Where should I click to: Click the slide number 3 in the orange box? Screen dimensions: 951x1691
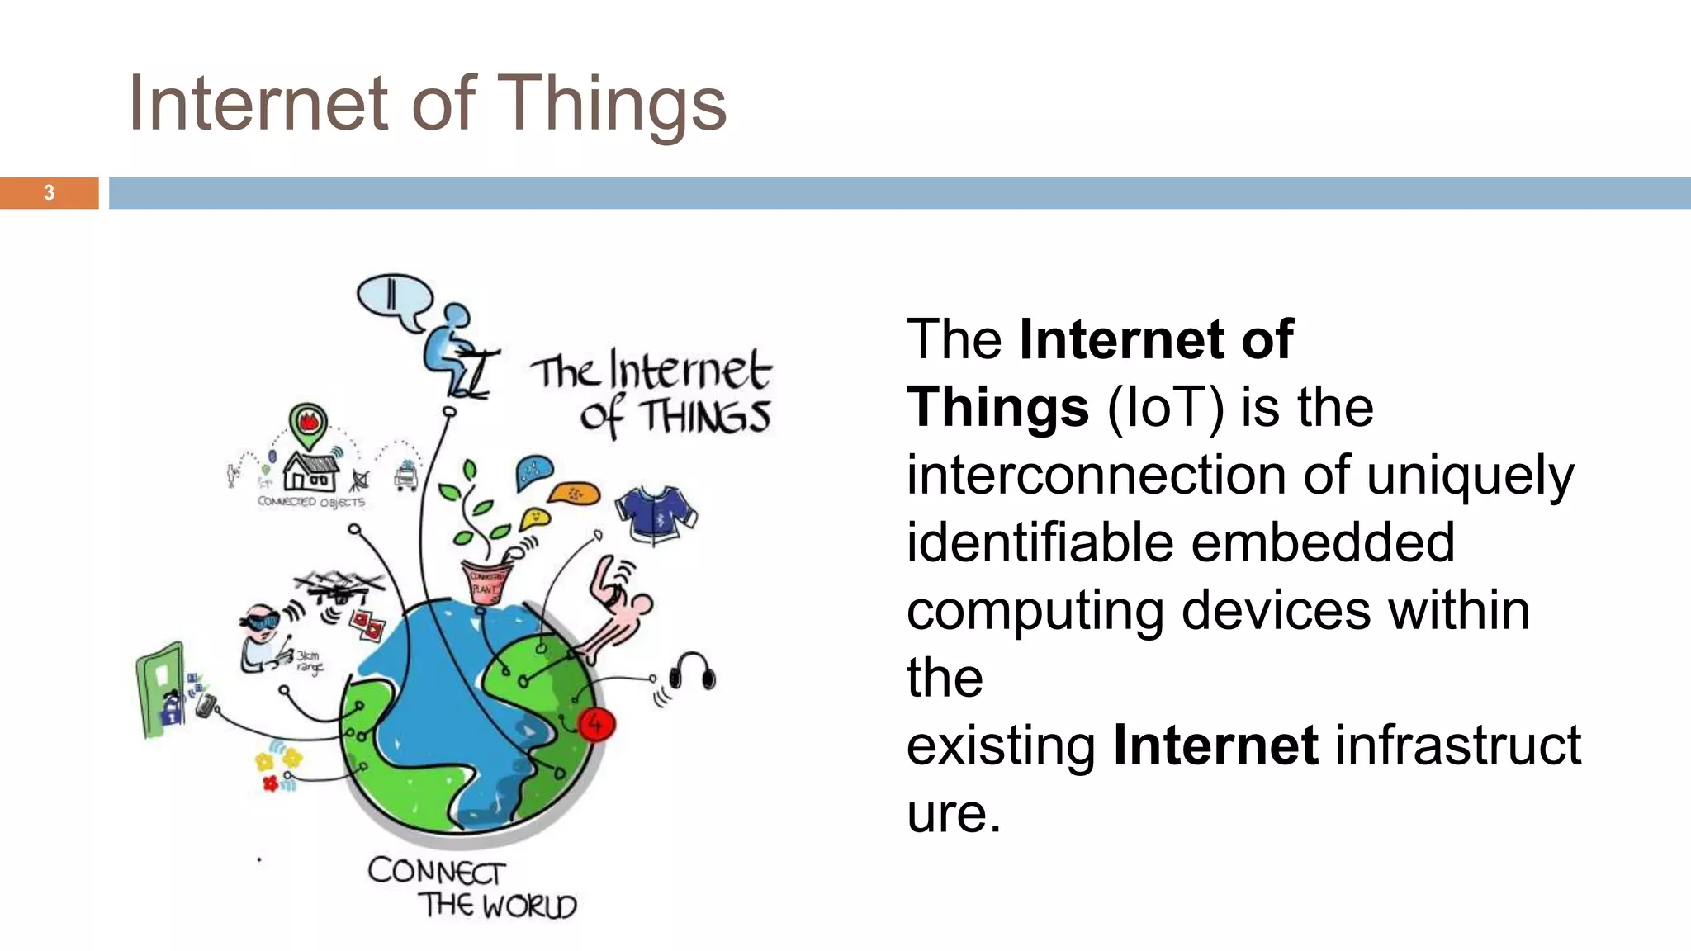[49, 193]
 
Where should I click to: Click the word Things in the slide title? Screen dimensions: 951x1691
[613, 104]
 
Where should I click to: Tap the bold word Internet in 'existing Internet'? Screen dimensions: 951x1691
[1215, 745]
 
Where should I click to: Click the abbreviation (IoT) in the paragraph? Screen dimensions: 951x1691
[1165, 407]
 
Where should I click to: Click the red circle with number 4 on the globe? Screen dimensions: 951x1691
[595, 724]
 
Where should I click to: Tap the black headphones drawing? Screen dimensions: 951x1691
[692, 670]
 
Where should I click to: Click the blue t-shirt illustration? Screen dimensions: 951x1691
[656, 513]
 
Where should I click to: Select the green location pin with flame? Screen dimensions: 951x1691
[309, 424]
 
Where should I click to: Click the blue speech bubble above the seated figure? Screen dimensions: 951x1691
[394, 299]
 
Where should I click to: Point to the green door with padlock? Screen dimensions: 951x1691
[161, 688]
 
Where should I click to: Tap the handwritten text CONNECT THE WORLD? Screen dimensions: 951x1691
[471, 888]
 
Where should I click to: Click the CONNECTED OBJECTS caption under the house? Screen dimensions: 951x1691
[310, 502]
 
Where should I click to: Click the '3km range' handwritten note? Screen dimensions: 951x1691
[309, 662]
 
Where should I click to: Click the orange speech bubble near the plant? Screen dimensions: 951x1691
[575, 494]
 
